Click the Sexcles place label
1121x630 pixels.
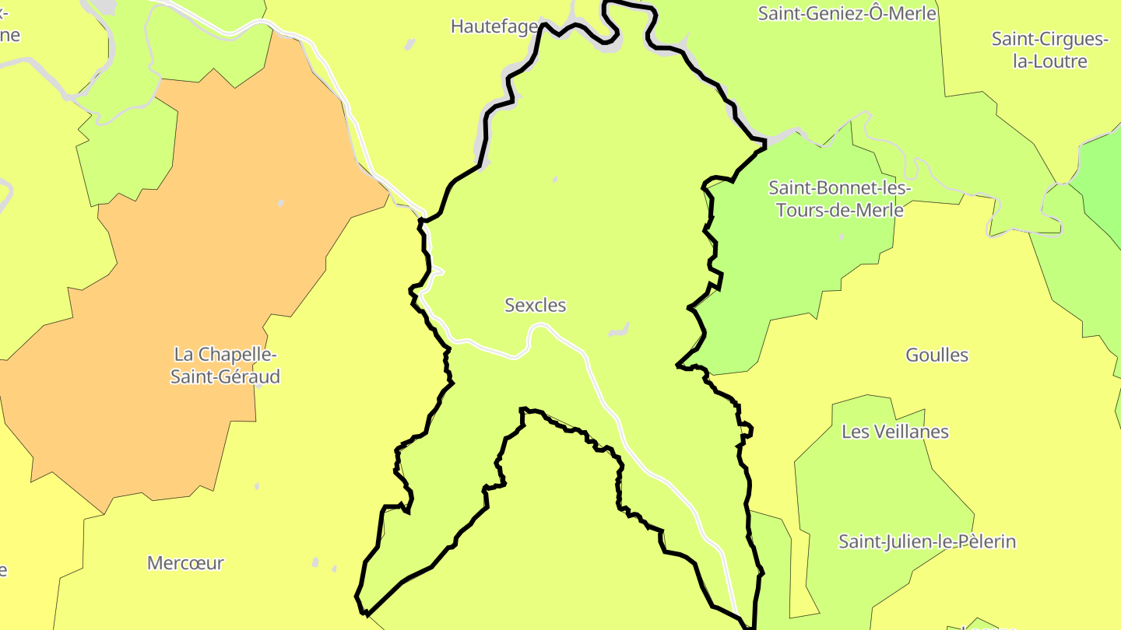(536, 305)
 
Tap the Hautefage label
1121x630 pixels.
(494, 26)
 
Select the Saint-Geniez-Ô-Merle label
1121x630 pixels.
(847, 13)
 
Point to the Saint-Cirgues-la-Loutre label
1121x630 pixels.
(1049, 50)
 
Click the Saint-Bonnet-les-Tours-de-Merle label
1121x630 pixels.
(839, 198)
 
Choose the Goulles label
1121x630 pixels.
(937, 355)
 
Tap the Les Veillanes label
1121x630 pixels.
(895, 431)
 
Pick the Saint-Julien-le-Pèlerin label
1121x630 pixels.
(927, 541)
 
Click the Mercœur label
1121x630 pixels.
(185, 562)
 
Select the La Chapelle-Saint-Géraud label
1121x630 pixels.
(226, 366)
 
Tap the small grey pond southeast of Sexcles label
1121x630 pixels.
(619, 331)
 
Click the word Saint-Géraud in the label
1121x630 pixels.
(226, 377)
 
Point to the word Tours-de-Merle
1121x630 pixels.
(839, 210)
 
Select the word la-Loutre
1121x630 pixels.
(1049, 61)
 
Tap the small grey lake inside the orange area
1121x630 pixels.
(280, 205)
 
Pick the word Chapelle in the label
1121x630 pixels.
(234, 354)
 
